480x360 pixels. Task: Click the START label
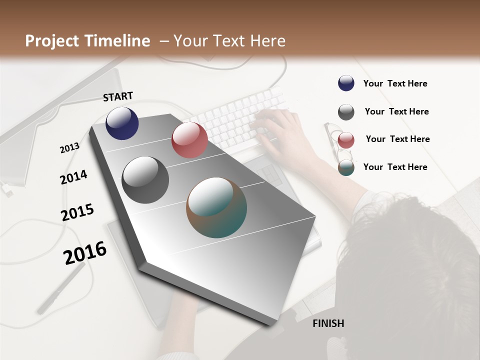(x=118, y=96)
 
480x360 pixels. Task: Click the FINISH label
(x=328, y=323)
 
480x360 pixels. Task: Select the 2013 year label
(x=69, y=148)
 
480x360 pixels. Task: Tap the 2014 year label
(x=73, y=177)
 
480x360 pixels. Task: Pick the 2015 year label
(x=77, y=212)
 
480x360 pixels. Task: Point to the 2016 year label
(x=85, y=253)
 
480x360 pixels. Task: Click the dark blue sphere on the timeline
(x=122, y=123)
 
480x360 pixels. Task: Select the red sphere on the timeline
(x=189, y=140)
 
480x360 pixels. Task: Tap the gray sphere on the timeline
(x=145, y=180)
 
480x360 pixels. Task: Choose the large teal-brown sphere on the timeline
(x=216, y=207)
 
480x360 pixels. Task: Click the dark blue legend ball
(x=346, y=83)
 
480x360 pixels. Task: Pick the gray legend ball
(x=346, y=112)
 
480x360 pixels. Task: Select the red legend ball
(x=346, y=140)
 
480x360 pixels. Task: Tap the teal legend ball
(x=346, y=168)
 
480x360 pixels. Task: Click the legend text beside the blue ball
(x=395, y=84)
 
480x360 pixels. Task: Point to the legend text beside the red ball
(x=397, y=139)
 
